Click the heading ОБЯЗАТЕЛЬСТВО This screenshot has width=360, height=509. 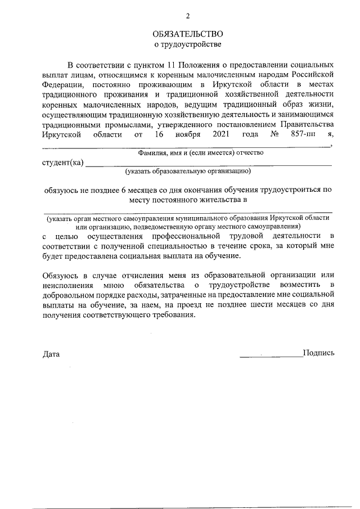(x=188, y=34)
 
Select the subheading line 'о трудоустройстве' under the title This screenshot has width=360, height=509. (x=188, y=43)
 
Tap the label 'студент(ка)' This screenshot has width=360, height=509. (x=62, y=163)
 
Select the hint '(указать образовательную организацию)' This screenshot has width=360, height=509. (x=188, y=171)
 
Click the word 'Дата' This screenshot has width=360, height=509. (x=51, y=354)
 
